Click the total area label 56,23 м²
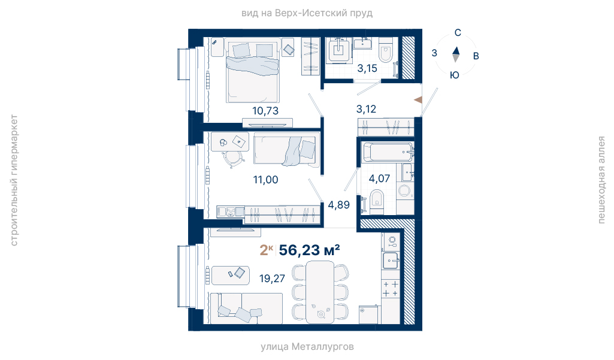pyautogui.click(x=309, y=250)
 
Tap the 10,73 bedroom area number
pyautogui.click(x=265, y=111)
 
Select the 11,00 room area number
pyautogui.click(x=265, y=180)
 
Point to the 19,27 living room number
pyautogui.click(x=272, y=279)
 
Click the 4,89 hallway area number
pyautogui.click(x=338, y=205)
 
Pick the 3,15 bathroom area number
pyautogui.click(x=367, y=68)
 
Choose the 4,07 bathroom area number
pyautogui.click(x=379, y=179)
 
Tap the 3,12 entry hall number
pyautogui.click(x=366, y=109)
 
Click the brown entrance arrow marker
pyautogui.click(x=418, y=100)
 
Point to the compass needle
pyautogui.click(x=456, y=55)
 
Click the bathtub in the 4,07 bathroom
pyautogui.click(x=388, y=152)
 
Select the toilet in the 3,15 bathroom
pyautogui.click(x=386, y=50)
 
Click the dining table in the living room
pyautogui.click(x=320, y=292)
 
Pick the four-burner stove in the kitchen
pyautogui.click(x=391, y=289)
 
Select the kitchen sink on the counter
pyautogui.click(x=391, y=261)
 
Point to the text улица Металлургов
pyautogui.click(x=307, y=347)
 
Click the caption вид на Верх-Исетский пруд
pyautogui.click(x=307, y=13)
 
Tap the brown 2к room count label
pyautogui.click(x=267, y=250)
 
